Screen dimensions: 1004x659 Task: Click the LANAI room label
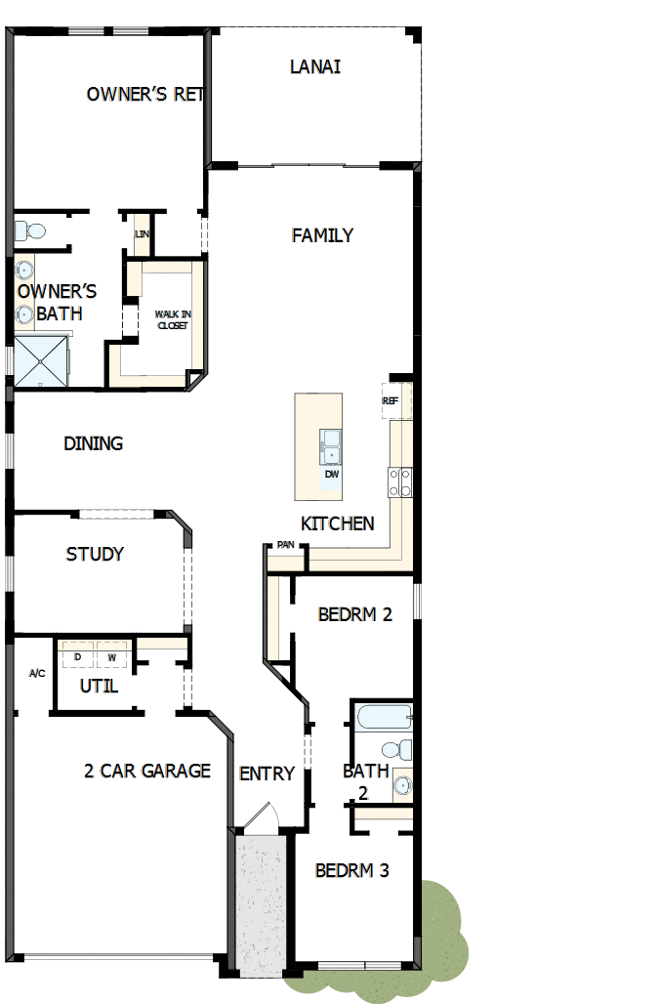click(x=315, y=67)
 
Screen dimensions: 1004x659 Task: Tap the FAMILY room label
click(x=322, y=235)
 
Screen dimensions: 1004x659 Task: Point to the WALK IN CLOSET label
click(x=173, y=319)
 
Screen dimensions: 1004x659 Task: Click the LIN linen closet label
click(x=142, y=234)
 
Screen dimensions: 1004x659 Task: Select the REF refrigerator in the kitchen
click(x=391, y=400)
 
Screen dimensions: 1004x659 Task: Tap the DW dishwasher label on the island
click(x=332, y=474)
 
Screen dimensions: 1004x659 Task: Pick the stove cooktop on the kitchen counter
click(x=401, y=481)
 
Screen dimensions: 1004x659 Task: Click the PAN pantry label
click(x=285, y=545)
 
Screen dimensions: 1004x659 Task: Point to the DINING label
click(x=94, y=443)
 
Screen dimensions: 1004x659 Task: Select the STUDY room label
click(x=95, y=554)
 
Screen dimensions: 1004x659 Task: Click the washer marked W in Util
click(x=112, y=656)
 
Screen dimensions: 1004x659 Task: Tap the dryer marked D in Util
click(x=78, y=656)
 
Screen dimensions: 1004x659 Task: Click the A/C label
click(x=37, y=674)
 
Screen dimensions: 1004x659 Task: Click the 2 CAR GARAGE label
click(x=147, y=771)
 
